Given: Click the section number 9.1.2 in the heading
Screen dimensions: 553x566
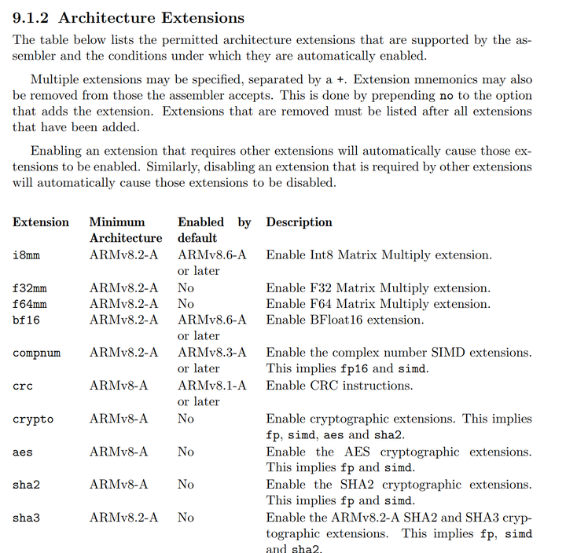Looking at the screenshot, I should pyautogui.click(x=31, y=17).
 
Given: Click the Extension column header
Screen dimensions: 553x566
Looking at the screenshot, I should pyautogui.click(x=41, y=222).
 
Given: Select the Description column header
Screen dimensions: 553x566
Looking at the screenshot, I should pyautogui.click(x=299, y=222).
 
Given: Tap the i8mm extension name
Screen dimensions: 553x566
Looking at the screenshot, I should pyautogui.click(x=27, y=255).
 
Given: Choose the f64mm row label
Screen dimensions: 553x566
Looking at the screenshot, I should pyautogui.click(x=30, y=304).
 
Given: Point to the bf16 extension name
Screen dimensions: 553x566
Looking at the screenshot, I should pyautogui.click(x=27, y=320).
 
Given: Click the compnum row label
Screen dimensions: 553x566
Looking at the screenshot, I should pyautogui.click(x=36, y=353).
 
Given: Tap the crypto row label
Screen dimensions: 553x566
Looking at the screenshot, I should pyautogui.click(x=33, y=419).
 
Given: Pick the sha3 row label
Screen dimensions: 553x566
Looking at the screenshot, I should pyautogui.click(x=27, y=518).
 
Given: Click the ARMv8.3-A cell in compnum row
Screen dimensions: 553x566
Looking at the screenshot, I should pyautogui.click(x=211, y=353).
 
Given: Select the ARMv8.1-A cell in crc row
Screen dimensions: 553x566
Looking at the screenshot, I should pyautogui.click(x=211, y=386).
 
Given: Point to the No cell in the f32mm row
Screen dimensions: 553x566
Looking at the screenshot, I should pyautogui.click(x=186, y=288).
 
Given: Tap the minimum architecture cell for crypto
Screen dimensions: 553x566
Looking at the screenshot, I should pyautogui.click(x=119, y=419).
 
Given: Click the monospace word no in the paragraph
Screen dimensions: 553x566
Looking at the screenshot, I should pyautogui.click(x=446, y=96).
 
